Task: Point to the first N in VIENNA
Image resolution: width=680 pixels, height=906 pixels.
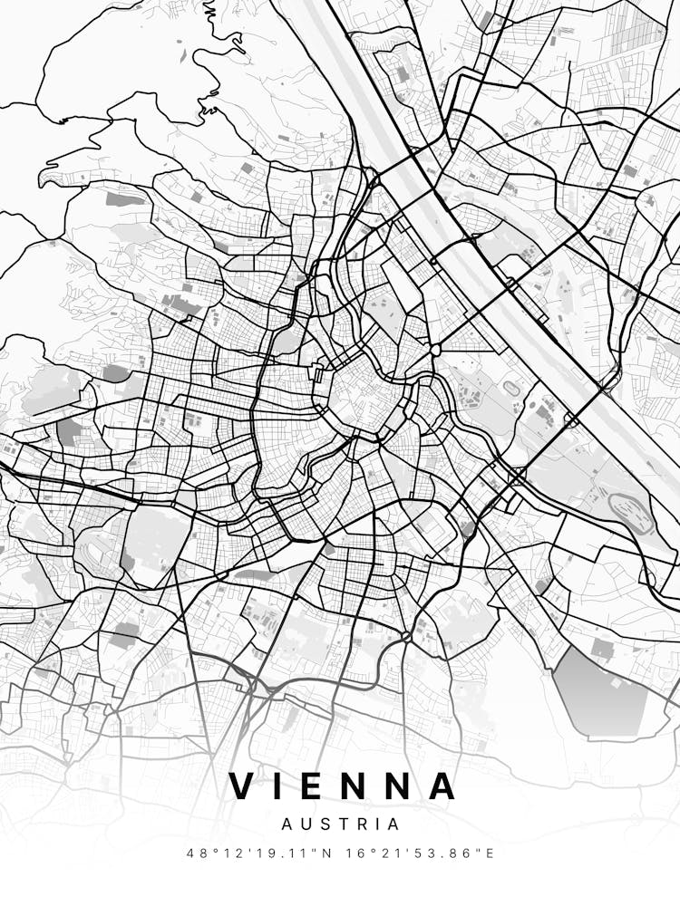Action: click(x=356, y=786)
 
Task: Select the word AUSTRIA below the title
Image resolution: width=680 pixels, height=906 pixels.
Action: click(x=340, y=824)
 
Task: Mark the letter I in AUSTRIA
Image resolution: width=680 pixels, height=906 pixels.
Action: click(x=376, y=824)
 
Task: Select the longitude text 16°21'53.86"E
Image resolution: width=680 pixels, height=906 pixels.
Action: click(x=422, y=853)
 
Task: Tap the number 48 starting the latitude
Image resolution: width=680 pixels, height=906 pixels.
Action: click(x=194, y=853)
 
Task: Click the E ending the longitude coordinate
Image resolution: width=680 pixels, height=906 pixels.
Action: click(x=491, y=853)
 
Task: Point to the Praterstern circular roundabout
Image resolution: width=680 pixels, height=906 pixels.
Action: click(x=436, y=350)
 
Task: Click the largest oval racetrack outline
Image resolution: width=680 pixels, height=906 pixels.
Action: click(x=633, y=513)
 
